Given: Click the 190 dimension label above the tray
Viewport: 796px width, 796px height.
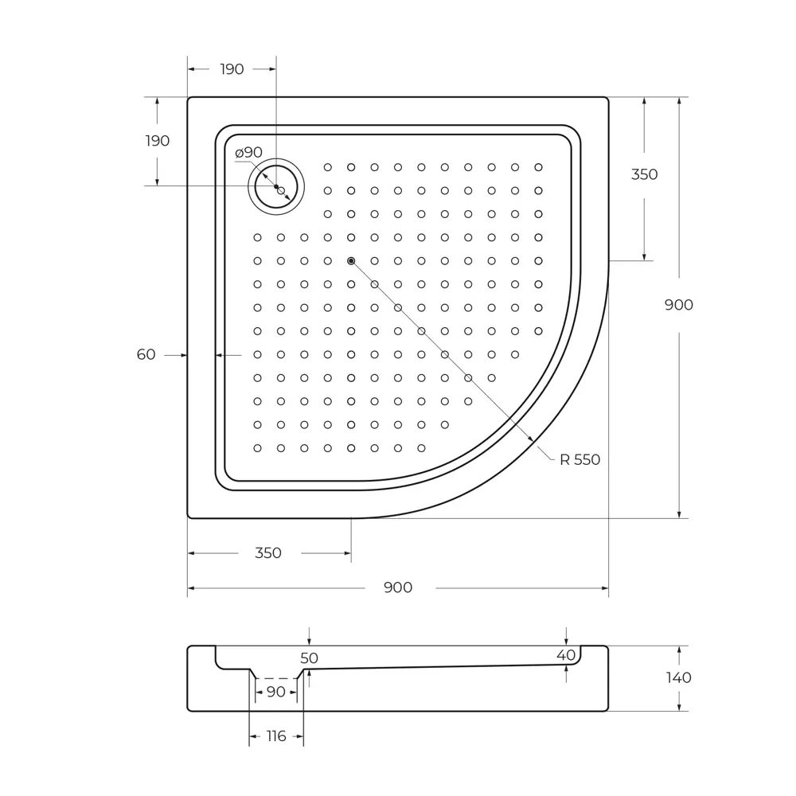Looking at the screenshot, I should (x=232, y=69).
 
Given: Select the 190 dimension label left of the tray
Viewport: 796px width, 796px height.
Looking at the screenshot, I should (x=158, y=141).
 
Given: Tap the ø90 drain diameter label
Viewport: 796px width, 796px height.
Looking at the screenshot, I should (x=248, y=152).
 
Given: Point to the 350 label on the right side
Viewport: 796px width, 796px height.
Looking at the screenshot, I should (x=644, y=174).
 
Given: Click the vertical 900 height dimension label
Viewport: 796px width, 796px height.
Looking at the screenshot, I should (x=679, y=305).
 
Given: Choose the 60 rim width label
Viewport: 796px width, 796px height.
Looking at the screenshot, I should (x=146, y=355).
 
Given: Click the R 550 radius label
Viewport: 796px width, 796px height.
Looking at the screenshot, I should (x=579, y=459).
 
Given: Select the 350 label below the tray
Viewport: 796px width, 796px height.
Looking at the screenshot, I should (x=268, y=553).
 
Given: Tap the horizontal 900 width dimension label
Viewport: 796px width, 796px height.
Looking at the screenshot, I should (x=398, y=587).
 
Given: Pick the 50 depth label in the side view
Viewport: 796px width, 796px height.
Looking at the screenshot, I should (x=309, y=658).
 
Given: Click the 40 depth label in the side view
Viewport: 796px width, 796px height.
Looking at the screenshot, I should (x=566, y=654).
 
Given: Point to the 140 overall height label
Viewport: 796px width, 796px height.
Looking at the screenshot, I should (x=679, y=678).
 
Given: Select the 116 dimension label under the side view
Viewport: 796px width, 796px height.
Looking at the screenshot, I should (x=275, y=736).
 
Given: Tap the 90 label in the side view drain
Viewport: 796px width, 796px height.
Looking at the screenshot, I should (x=275, y=692).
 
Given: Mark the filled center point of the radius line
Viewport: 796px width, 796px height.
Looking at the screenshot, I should (x=351, y=261).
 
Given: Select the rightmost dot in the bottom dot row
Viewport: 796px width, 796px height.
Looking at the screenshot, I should (x=421, y=448).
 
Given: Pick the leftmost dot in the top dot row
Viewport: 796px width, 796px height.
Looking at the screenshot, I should (x=327, y=167).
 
